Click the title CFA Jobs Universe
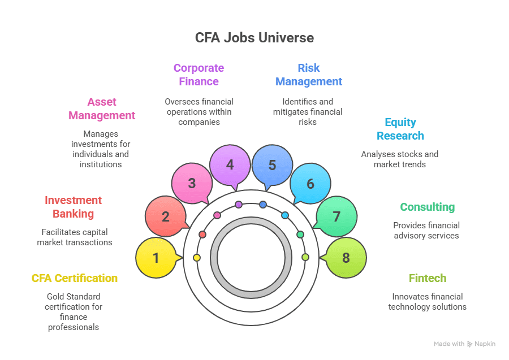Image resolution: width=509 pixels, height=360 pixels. [255, 38]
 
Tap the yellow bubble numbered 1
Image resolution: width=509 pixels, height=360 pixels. [157, 258]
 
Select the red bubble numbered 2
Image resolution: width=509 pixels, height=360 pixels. [166, 216]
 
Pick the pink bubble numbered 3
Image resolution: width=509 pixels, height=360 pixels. [192, 183]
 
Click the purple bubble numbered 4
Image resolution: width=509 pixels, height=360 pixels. [230, 165]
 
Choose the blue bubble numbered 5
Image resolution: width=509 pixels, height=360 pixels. [272, 165]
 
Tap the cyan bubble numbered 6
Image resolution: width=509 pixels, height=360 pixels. [310, 183]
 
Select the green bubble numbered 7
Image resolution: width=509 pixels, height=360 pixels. [337, 216]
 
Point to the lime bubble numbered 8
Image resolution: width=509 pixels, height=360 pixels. [346, 258]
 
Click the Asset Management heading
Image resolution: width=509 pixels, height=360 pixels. [102, 109]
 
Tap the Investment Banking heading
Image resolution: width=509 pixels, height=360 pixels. [73, 207]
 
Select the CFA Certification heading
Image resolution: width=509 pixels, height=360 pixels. [75, 278]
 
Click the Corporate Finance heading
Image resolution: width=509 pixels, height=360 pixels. [199, 75]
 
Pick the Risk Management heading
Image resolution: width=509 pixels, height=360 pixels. [309, 75]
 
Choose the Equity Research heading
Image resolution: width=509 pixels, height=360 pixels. [400, 129]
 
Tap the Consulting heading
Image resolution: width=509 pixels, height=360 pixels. [427, 207]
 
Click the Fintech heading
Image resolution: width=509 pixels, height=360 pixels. [428, 278]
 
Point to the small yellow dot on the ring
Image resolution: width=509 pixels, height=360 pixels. [197, 258]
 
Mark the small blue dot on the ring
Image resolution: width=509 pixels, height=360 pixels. [263, 204]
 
